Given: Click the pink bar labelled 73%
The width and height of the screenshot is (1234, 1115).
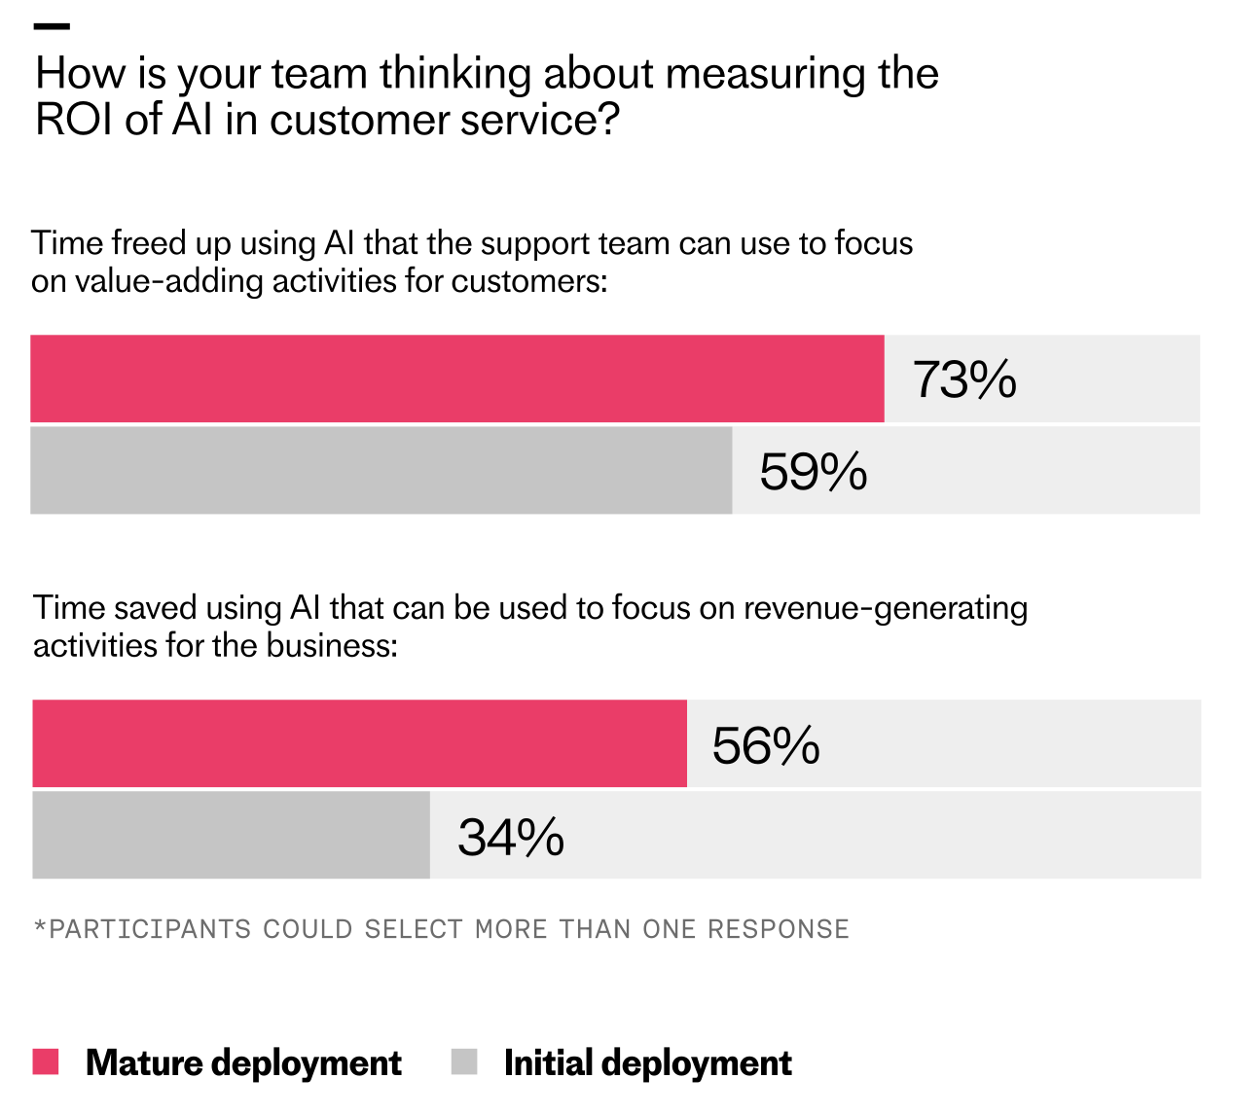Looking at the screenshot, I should (457, 378).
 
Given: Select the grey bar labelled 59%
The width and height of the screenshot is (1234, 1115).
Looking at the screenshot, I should (381, 470).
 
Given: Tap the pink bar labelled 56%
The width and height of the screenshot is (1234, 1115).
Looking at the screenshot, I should (359, 743).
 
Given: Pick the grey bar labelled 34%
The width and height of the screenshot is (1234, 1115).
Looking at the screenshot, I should (231, 835).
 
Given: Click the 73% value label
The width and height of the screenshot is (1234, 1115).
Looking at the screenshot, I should (964, 379).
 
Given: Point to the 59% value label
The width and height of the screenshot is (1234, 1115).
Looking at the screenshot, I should (813, 472).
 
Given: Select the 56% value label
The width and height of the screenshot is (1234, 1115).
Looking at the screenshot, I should (766, 746).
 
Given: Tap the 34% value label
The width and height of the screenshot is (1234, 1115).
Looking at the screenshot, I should (511, 838).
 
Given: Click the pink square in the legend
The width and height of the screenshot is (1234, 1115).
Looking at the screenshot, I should (46, 1061).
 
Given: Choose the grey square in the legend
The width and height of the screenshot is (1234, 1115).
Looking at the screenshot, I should (464, 1061).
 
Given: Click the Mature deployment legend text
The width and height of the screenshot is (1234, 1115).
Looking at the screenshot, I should (243, 1062).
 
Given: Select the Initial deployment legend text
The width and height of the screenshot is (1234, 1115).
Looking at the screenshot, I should (647, 1062).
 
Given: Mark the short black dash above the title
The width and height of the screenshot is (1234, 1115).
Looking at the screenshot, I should (52, 26).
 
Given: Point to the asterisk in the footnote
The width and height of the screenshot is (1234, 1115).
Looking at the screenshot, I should (40, 928).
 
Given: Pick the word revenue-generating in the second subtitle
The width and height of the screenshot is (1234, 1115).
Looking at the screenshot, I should (886, 608).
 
